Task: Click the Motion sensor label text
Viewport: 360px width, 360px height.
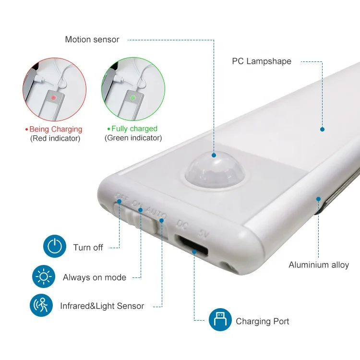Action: pos(92,40)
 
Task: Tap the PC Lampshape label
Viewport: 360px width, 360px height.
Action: pos(262,61)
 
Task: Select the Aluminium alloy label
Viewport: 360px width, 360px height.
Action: pos(319,265)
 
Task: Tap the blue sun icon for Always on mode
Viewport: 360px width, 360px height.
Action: pos(44,277)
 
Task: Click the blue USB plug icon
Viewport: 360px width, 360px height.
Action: pos(220,319)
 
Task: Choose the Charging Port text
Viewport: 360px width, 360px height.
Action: pos(263,322)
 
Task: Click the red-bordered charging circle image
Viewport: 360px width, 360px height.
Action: pos(54,89)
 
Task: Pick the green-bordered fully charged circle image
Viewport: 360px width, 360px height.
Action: pos(133,89)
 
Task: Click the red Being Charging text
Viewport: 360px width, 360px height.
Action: pos(55,129)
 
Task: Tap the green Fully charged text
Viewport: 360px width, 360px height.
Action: pos(134,129)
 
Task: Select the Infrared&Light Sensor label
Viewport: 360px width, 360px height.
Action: pos(102,306)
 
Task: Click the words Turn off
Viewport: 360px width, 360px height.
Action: pos(88,248)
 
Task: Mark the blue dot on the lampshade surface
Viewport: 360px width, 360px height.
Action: pos(322,129)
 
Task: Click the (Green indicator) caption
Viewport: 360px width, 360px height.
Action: pos(133,138)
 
